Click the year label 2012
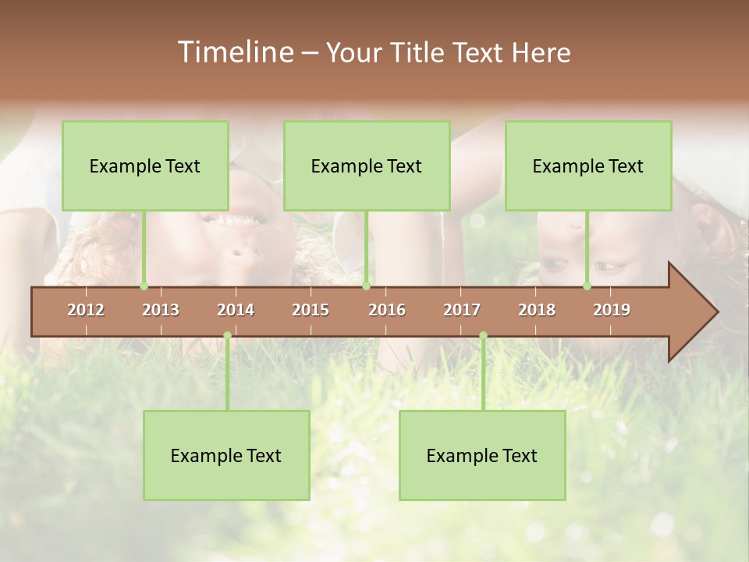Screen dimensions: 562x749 point(86,310)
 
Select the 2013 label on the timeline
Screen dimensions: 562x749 point(161,310)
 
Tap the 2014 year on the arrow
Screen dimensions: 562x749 point(236,310)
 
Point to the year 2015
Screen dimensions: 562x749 point(311,310)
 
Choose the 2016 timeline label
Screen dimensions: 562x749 point(387,310)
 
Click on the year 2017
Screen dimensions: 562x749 point(462,310)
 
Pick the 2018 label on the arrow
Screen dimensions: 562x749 point(537,310)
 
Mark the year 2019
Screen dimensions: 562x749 point(612,310)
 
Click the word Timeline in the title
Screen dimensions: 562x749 point(234,52)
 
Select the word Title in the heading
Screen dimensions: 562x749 point(419,52)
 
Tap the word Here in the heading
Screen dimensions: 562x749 point(541,52)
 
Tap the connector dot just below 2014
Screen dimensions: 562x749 point(227,336)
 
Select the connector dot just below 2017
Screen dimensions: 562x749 point(483,336)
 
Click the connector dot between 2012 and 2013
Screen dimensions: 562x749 point(144,286)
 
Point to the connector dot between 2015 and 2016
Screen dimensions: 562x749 point(366,286)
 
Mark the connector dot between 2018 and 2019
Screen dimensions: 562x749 point(587,286)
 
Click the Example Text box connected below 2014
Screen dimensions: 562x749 point(226,455)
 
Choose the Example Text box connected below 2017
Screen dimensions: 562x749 point(482,455)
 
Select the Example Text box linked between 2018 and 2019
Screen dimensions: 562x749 point(588,165)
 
